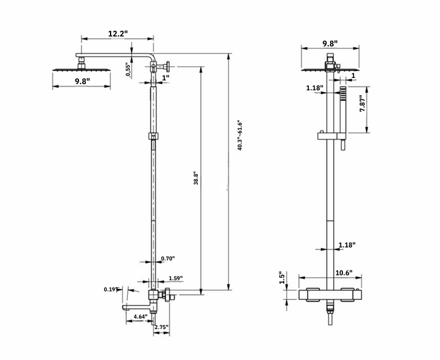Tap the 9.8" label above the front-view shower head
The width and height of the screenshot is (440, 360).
click(x=331, y=44)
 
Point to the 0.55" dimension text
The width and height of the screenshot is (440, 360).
click(x=128, y=69)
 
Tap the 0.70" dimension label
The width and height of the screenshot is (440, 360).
click(x=167, y=259)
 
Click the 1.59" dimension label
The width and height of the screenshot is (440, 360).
click(x=175, y=278)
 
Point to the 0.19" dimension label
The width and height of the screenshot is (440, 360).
click(x=111, y=289)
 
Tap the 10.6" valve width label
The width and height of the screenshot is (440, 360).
click(x=344, y=272)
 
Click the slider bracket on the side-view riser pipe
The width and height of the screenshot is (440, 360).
click(x=153, y=137)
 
